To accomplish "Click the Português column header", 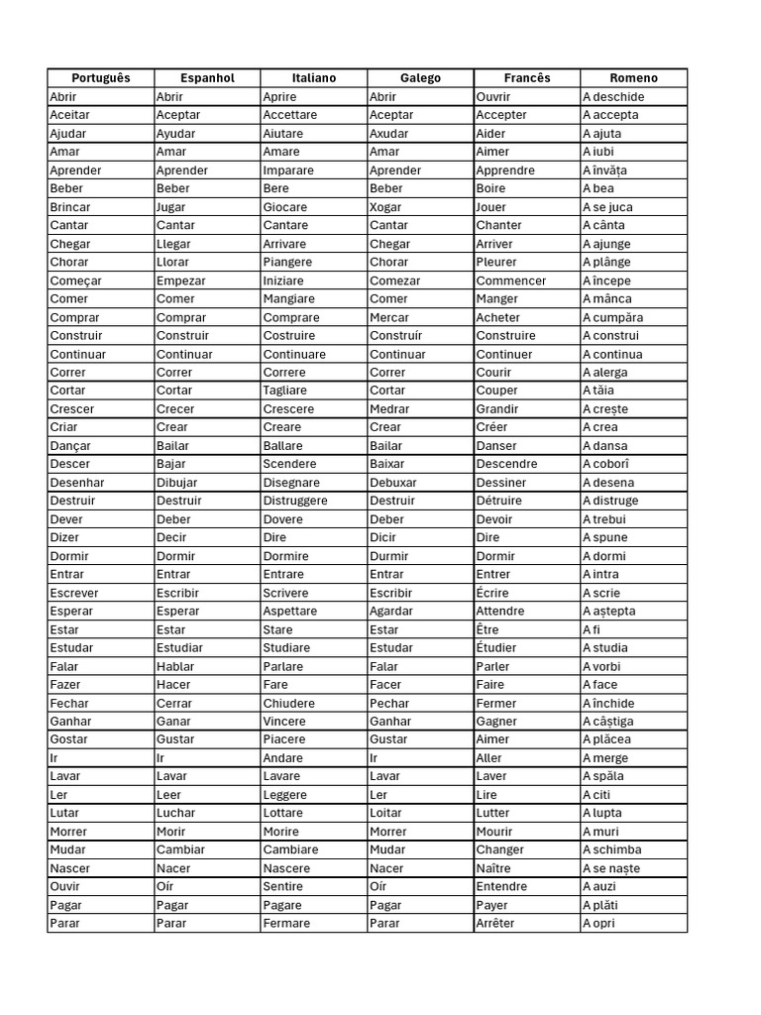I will (x=100, y=78).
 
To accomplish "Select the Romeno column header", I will (x=633, y=78).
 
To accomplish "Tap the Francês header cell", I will (x=526, y=78).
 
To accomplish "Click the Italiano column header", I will (x=313, y=78).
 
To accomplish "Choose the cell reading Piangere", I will (x=287, y=263).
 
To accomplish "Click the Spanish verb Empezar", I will (x=180, y=281).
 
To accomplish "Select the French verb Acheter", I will (x=497, y=317).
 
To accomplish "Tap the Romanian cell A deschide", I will (x=613, y=97).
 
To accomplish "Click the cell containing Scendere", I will (x=289, y=464).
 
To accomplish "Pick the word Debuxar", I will (x=393, y=483).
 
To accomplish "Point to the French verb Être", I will (x=488, y=629).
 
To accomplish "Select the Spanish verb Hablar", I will (x=175, y=666).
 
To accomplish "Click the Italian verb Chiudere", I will (x=289, y=703).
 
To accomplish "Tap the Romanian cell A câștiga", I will (x=608, y=722).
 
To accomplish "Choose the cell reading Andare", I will (x=283, y=758).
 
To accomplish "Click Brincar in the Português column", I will (x=70, y=207).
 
